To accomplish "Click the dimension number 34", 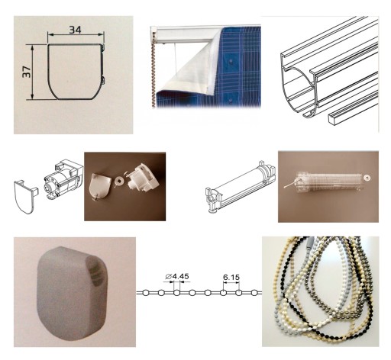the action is [76, 30].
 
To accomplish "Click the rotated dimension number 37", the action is [27, 72].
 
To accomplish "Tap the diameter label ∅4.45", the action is [177, 276].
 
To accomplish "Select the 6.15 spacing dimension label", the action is [231, 278].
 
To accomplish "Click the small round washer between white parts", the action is [119, 182].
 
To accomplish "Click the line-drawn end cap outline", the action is [24, 196].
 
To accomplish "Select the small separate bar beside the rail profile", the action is [353, 109].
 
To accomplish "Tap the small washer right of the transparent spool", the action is [367, 177].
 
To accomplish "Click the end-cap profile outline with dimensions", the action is [75, 72].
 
